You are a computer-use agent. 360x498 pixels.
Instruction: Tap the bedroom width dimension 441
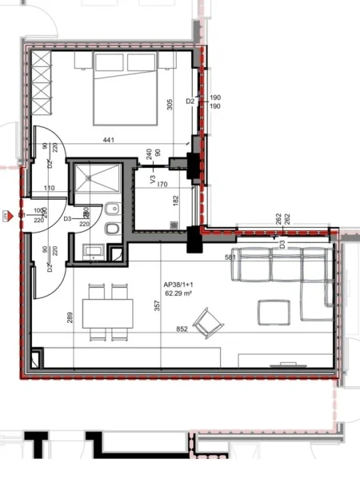(109, 141)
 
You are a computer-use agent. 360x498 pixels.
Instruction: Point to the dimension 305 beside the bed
(169, 104)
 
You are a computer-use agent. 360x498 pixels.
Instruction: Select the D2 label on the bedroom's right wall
(190, 102)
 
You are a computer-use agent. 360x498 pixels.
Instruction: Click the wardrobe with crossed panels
(39, 88)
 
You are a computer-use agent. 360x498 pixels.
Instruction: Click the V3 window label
(154, 181)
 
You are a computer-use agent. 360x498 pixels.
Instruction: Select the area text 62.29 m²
(179, 293)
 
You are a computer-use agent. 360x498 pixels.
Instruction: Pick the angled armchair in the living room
(212, 322)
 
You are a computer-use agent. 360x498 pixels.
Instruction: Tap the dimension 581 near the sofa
(230, 257)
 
